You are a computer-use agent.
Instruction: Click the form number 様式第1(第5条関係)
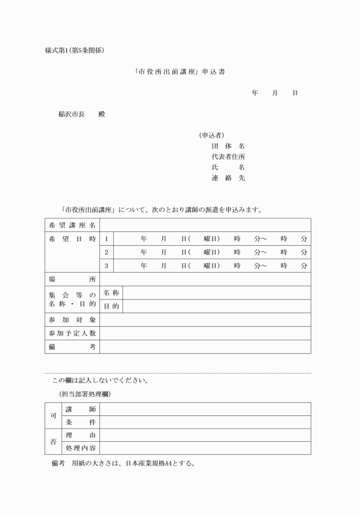coord(74,50)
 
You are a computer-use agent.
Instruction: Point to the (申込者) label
coord(207,135)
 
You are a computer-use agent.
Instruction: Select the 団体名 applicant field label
coord(228,146)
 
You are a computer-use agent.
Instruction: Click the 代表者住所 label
coord(229,157)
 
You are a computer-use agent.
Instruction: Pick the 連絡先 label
coord(228,178)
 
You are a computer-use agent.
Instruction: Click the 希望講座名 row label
coord(72,225)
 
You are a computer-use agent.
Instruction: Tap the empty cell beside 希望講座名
coord(205,225)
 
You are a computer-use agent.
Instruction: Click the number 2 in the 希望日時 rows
coord(106,252)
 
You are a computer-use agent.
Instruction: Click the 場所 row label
coord(72,279)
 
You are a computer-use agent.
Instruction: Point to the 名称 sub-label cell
coord(111,293)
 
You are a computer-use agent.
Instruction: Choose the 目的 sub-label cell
coord(111,306)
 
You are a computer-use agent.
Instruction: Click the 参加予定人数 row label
coord(72,333)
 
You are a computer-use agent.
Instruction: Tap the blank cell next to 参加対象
coord(205,320)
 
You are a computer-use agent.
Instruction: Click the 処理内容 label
coord(81,449)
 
